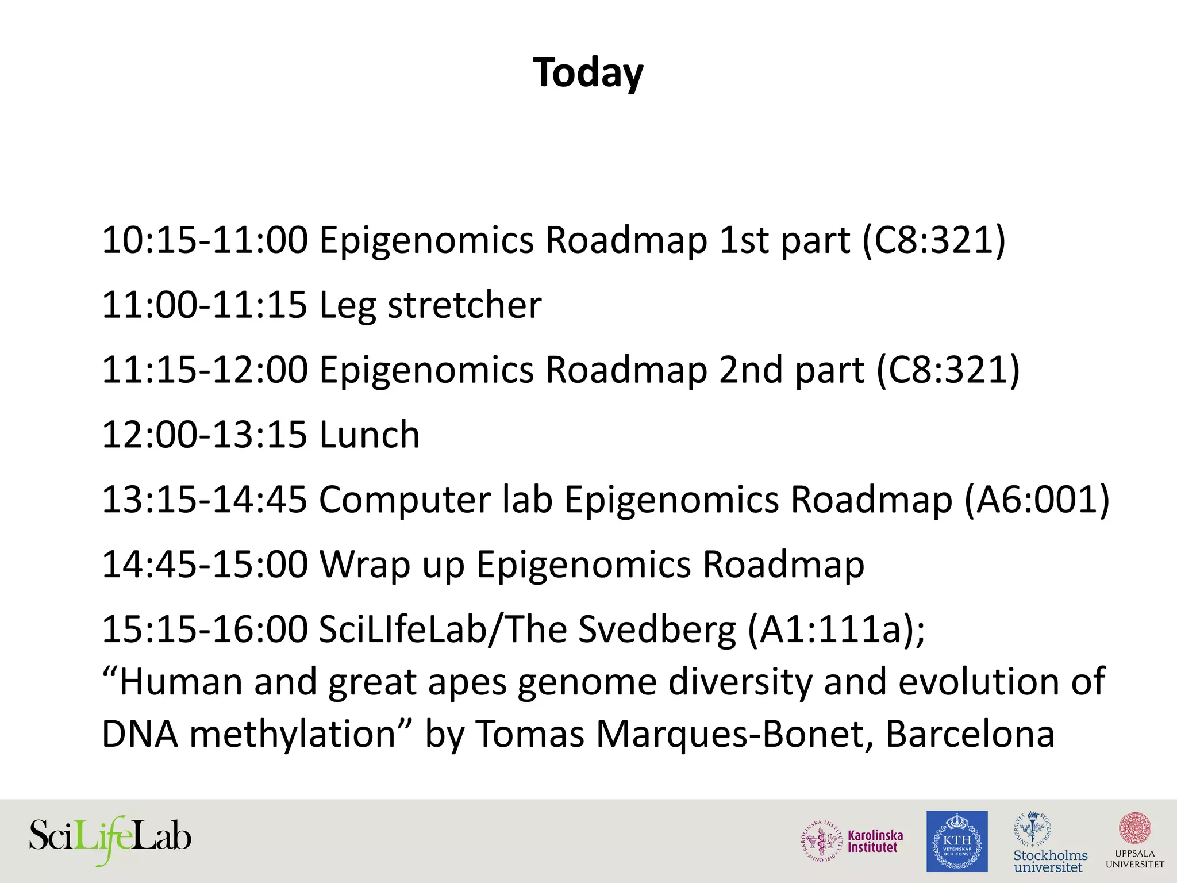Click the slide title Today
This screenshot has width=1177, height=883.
(x=588, y=73)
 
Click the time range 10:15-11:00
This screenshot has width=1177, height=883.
(x=205, y=240)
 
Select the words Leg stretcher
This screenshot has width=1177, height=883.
(x=430, y=305)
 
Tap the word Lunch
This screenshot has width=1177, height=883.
(x=370, y=435)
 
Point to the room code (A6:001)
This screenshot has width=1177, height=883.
(x=1036, y=500)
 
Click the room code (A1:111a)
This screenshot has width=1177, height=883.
(x=836, y=629)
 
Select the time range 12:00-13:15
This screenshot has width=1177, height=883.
(x=205, y=435)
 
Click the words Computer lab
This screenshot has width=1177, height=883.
(x=435, y=500)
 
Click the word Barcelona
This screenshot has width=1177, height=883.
(x=970, y=734)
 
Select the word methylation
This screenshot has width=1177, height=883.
(x=293, y=734)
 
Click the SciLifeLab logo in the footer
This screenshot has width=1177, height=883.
(x=110, y=839)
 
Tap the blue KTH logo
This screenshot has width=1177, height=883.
(x=957, y=841)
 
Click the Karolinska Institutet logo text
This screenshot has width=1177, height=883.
(x=875, y=841)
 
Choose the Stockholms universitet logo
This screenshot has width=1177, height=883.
(x=1050, y=841)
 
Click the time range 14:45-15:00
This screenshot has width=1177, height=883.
(x=205, y=565)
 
